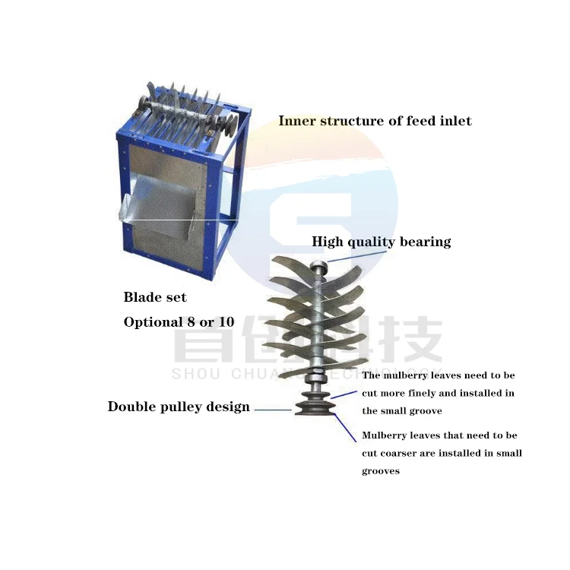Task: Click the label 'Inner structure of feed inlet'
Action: tap(375, 121)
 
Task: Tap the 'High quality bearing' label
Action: tap(381, 242)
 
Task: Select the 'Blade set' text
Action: tap(155, 297)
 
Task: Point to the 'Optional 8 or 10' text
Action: tap(179, 322)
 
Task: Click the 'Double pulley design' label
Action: tap(179, 407)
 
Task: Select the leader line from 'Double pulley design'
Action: tap(272, 410)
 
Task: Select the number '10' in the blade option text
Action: tap(224, 322)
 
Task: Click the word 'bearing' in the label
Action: tap(426, 242)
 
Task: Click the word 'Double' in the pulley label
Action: tap(131, 407)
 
